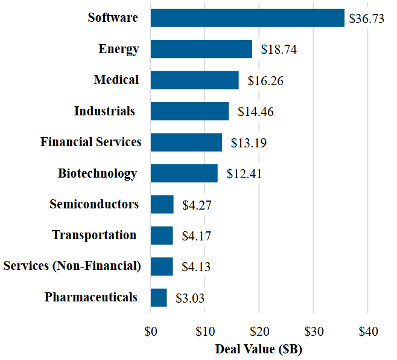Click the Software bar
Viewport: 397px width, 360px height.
click(247, 18)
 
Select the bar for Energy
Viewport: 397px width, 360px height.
click(202, 49)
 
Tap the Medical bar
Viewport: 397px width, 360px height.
click(194, 80)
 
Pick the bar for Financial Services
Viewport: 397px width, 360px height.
click(186, 142)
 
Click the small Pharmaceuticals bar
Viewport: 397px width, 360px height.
click(159, 297)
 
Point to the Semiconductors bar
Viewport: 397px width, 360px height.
click(162, 204)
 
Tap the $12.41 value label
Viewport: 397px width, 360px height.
click(244, 174)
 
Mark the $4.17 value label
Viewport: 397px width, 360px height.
click(197, 236)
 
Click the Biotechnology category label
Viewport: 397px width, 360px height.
click(97, 173)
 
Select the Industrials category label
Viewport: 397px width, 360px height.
click(104, 111)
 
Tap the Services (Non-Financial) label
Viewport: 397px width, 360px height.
click(72, 266)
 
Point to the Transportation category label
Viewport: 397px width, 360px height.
click(94, 235)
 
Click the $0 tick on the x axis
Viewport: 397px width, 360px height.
click(151, 332)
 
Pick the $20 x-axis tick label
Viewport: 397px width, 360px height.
click(259, 332)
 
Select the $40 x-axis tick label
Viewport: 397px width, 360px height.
click(367, 332)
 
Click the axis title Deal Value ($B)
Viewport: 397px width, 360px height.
click(258, 349)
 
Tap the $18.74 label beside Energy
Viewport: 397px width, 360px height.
click(279, 50)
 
